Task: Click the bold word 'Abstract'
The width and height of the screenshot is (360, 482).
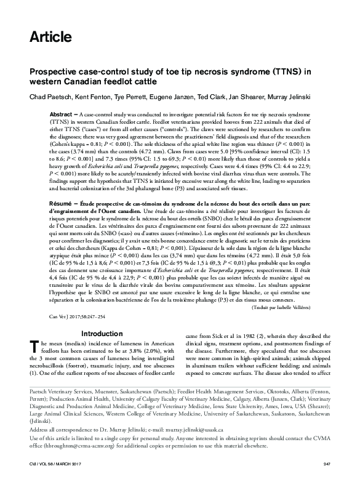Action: pos(61,115)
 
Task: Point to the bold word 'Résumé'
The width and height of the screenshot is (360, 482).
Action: pos(60,202)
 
